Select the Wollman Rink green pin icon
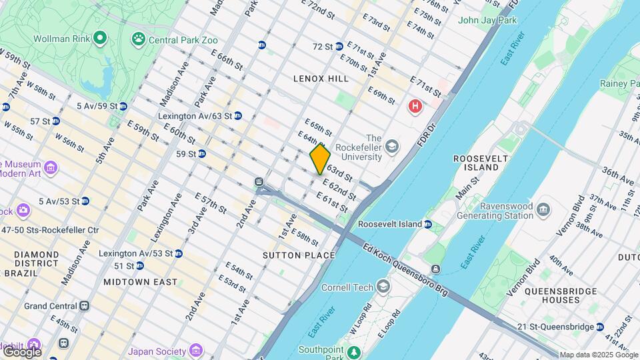pos(99,37)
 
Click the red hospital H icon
pos(416,106)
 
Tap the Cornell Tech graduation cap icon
pos(383,287)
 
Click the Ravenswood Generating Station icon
pos(543,210)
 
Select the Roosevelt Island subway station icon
pos(427,225)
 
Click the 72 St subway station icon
pos(339,47)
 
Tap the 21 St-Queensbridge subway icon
pos(600,327)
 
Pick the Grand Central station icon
pos(84,306)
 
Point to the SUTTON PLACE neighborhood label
pos(298,255)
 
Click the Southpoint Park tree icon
pos(355,351)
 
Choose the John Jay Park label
pos(487,20)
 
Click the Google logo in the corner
pos(21,351)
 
